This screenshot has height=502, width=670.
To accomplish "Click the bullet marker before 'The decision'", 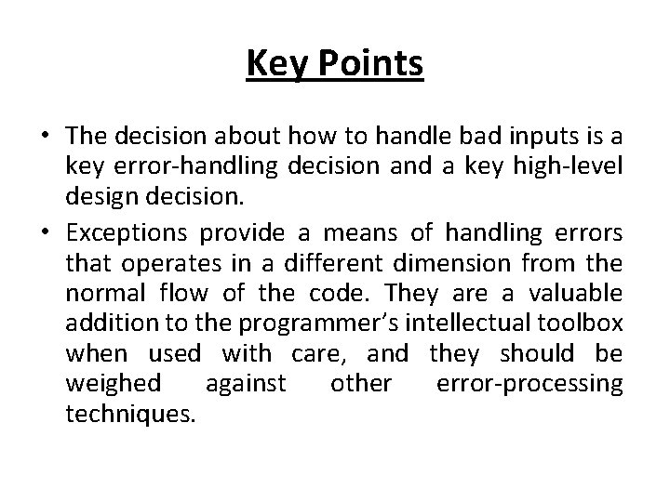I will pyautogui.click(x=46, y=138).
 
